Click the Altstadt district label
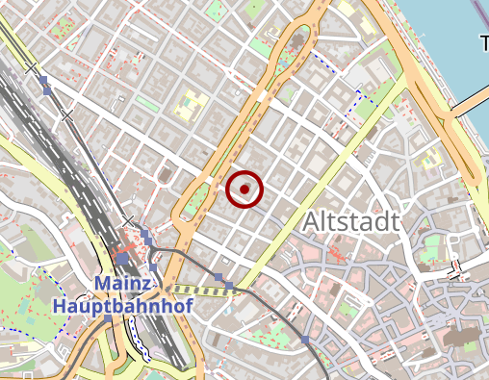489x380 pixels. tap(350, 222)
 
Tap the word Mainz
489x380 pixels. tap(123, 285)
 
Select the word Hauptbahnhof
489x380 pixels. tap(123, 307)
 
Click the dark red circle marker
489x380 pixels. tap(244, 190)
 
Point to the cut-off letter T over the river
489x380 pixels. tap(484, 42)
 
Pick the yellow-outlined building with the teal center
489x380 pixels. tap(191, 104)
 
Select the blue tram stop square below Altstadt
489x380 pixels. tap(305, 340)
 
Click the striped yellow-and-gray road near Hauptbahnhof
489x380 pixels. tap(202, 289)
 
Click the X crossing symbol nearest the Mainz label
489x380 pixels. tap(128, 221)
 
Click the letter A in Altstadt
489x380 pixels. tap(313, 222)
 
